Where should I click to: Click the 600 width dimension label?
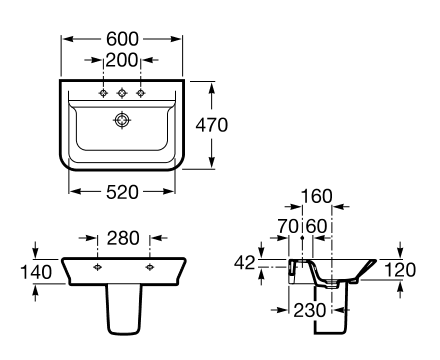122,39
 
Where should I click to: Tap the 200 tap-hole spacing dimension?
122,60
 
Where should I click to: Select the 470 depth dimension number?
212,125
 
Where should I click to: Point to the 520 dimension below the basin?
122,192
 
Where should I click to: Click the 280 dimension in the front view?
123,238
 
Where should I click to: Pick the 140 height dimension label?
36,272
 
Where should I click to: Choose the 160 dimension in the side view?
317,196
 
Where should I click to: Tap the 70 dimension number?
288,226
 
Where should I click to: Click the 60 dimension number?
316,226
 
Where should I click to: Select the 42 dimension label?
245,263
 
